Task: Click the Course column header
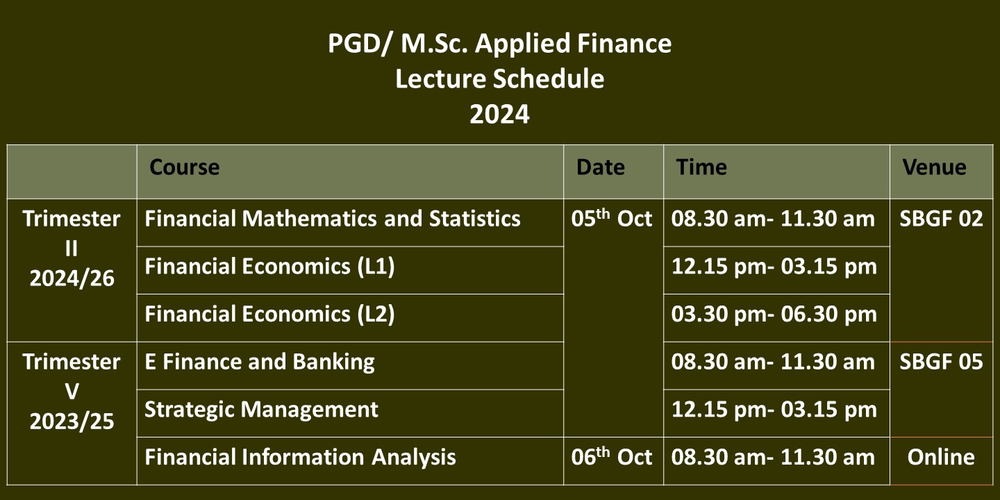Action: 185,167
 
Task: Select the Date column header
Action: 601,167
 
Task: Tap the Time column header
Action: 701,167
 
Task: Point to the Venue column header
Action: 935,167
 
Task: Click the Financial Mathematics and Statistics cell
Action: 333,219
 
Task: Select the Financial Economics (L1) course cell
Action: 269,267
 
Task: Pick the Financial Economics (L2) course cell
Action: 269,315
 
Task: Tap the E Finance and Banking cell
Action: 260,362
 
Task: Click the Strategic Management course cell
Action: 261,410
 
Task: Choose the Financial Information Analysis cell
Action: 300,457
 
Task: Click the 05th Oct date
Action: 612,218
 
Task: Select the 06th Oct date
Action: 612,456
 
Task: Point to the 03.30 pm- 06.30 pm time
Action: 774,315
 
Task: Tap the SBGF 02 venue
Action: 941,219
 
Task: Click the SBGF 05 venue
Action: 941,362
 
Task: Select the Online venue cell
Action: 941,457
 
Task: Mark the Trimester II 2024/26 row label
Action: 72,249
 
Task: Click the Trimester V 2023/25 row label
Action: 72,392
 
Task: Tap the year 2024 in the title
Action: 499,115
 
